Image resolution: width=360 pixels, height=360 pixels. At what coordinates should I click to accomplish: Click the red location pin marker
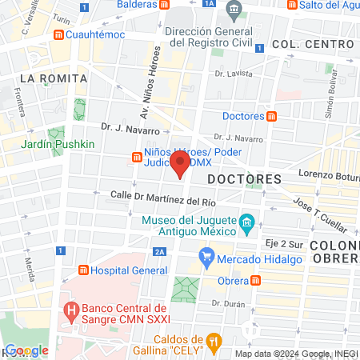(x=181, y=165)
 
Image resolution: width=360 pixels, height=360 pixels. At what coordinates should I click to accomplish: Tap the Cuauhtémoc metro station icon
(x=58, y=36)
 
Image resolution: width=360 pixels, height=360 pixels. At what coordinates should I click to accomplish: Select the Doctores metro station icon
(x=271, y=116)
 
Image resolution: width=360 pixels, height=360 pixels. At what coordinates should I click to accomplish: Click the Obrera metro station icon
(x=255, y=281)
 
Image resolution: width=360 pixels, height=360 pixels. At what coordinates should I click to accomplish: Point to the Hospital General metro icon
(x=82, y=270)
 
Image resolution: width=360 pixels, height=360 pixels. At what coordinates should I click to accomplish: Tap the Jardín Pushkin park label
(x=58, y=144)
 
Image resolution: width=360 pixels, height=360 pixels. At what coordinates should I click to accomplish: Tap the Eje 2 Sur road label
(x=282, y=241)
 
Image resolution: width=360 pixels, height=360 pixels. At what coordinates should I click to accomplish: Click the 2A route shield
(x=160, y=252)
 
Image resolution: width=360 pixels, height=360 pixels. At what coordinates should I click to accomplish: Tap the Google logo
(x=26, y=350)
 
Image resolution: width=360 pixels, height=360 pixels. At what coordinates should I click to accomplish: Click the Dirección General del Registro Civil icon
(x=233, y=11)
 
